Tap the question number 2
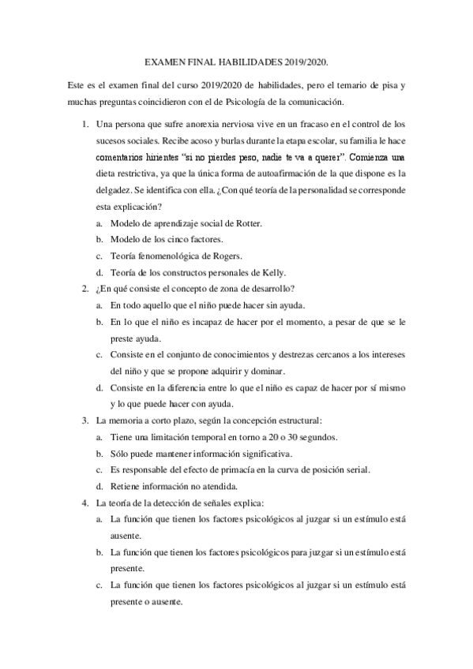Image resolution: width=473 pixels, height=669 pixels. click(x=84, y=289)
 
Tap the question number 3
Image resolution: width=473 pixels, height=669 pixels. click(x=84, y=420)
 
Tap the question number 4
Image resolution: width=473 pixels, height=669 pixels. click(x=84, y=503)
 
